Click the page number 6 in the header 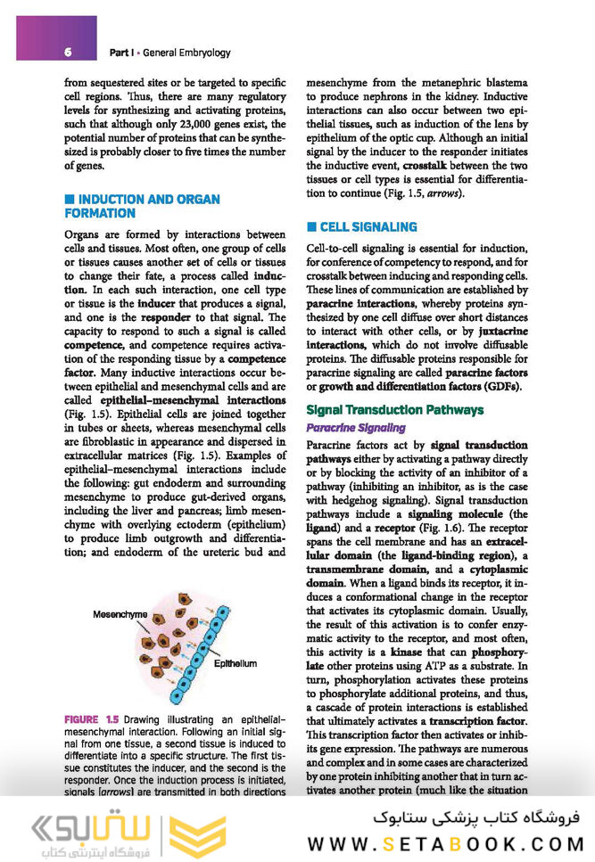click(68, 53)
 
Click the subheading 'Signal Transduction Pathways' click(394, 410)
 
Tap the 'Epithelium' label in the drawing click(235, 664)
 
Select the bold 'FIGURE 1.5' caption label click(92, 718)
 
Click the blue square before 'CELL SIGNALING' click(311, 227)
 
